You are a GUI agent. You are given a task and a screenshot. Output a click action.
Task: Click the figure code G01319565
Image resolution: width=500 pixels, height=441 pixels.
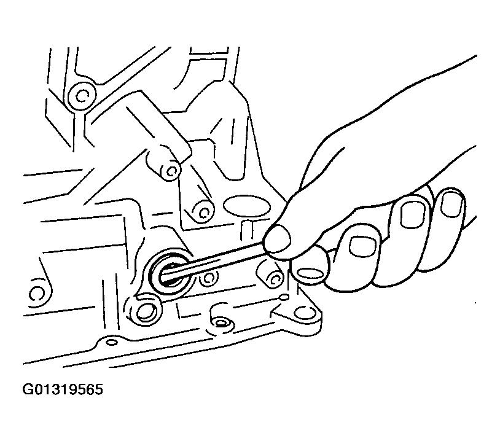coord(63,389)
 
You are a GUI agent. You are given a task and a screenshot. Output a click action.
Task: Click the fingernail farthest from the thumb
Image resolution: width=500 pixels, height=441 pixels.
coord(451,204)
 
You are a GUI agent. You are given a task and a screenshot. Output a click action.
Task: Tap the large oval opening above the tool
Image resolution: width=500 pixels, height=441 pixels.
coord(246,206)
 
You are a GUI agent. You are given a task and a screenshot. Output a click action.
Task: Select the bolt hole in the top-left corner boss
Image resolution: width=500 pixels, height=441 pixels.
coord(81,95)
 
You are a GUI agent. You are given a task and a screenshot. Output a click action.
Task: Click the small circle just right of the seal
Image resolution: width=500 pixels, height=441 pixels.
coord(209,278)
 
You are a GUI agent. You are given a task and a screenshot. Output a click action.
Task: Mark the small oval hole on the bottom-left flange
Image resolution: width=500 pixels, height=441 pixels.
coord(111,343)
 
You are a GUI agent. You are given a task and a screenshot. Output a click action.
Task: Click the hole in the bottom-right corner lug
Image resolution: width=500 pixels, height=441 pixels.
coord(301,313)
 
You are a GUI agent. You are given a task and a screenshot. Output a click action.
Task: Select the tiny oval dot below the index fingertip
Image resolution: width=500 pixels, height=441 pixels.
coord(284,297)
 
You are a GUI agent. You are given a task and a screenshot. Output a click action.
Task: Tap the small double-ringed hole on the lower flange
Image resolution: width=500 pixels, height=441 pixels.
coord(221,323)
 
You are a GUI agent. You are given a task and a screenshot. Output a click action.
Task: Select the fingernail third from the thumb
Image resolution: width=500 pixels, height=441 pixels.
coord(413,214)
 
